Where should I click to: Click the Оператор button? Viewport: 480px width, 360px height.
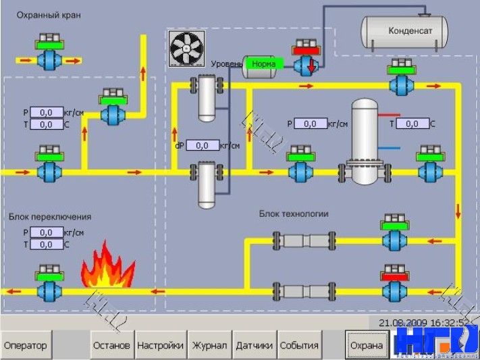tap(25, 345)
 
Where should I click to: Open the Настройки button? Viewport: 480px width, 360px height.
tap(160, 345)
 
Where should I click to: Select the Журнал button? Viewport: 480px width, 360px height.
tap(209, 345)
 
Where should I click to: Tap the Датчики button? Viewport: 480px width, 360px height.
tap(254, 345)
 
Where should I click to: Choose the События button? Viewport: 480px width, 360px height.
tap(299, 345)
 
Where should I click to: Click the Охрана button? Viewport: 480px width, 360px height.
tap(367, 345)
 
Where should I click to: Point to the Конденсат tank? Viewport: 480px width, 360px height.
tap(405, 30)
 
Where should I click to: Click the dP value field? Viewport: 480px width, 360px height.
tap(203, 145)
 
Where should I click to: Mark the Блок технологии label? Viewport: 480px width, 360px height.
tap(294, 214)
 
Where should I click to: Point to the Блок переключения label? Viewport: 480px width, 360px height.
tap(50, 217)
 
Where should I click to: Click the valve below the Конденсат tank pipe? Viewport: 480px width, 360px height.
tap(310, 60)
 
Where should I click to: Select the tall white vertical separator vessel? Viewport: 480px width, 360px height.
tap(366, 142)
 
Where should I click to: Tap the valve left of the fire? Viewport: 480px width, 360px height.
tap(49, 287)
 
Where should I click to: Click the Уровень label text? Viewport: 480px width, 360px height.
tap(226, 64)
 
